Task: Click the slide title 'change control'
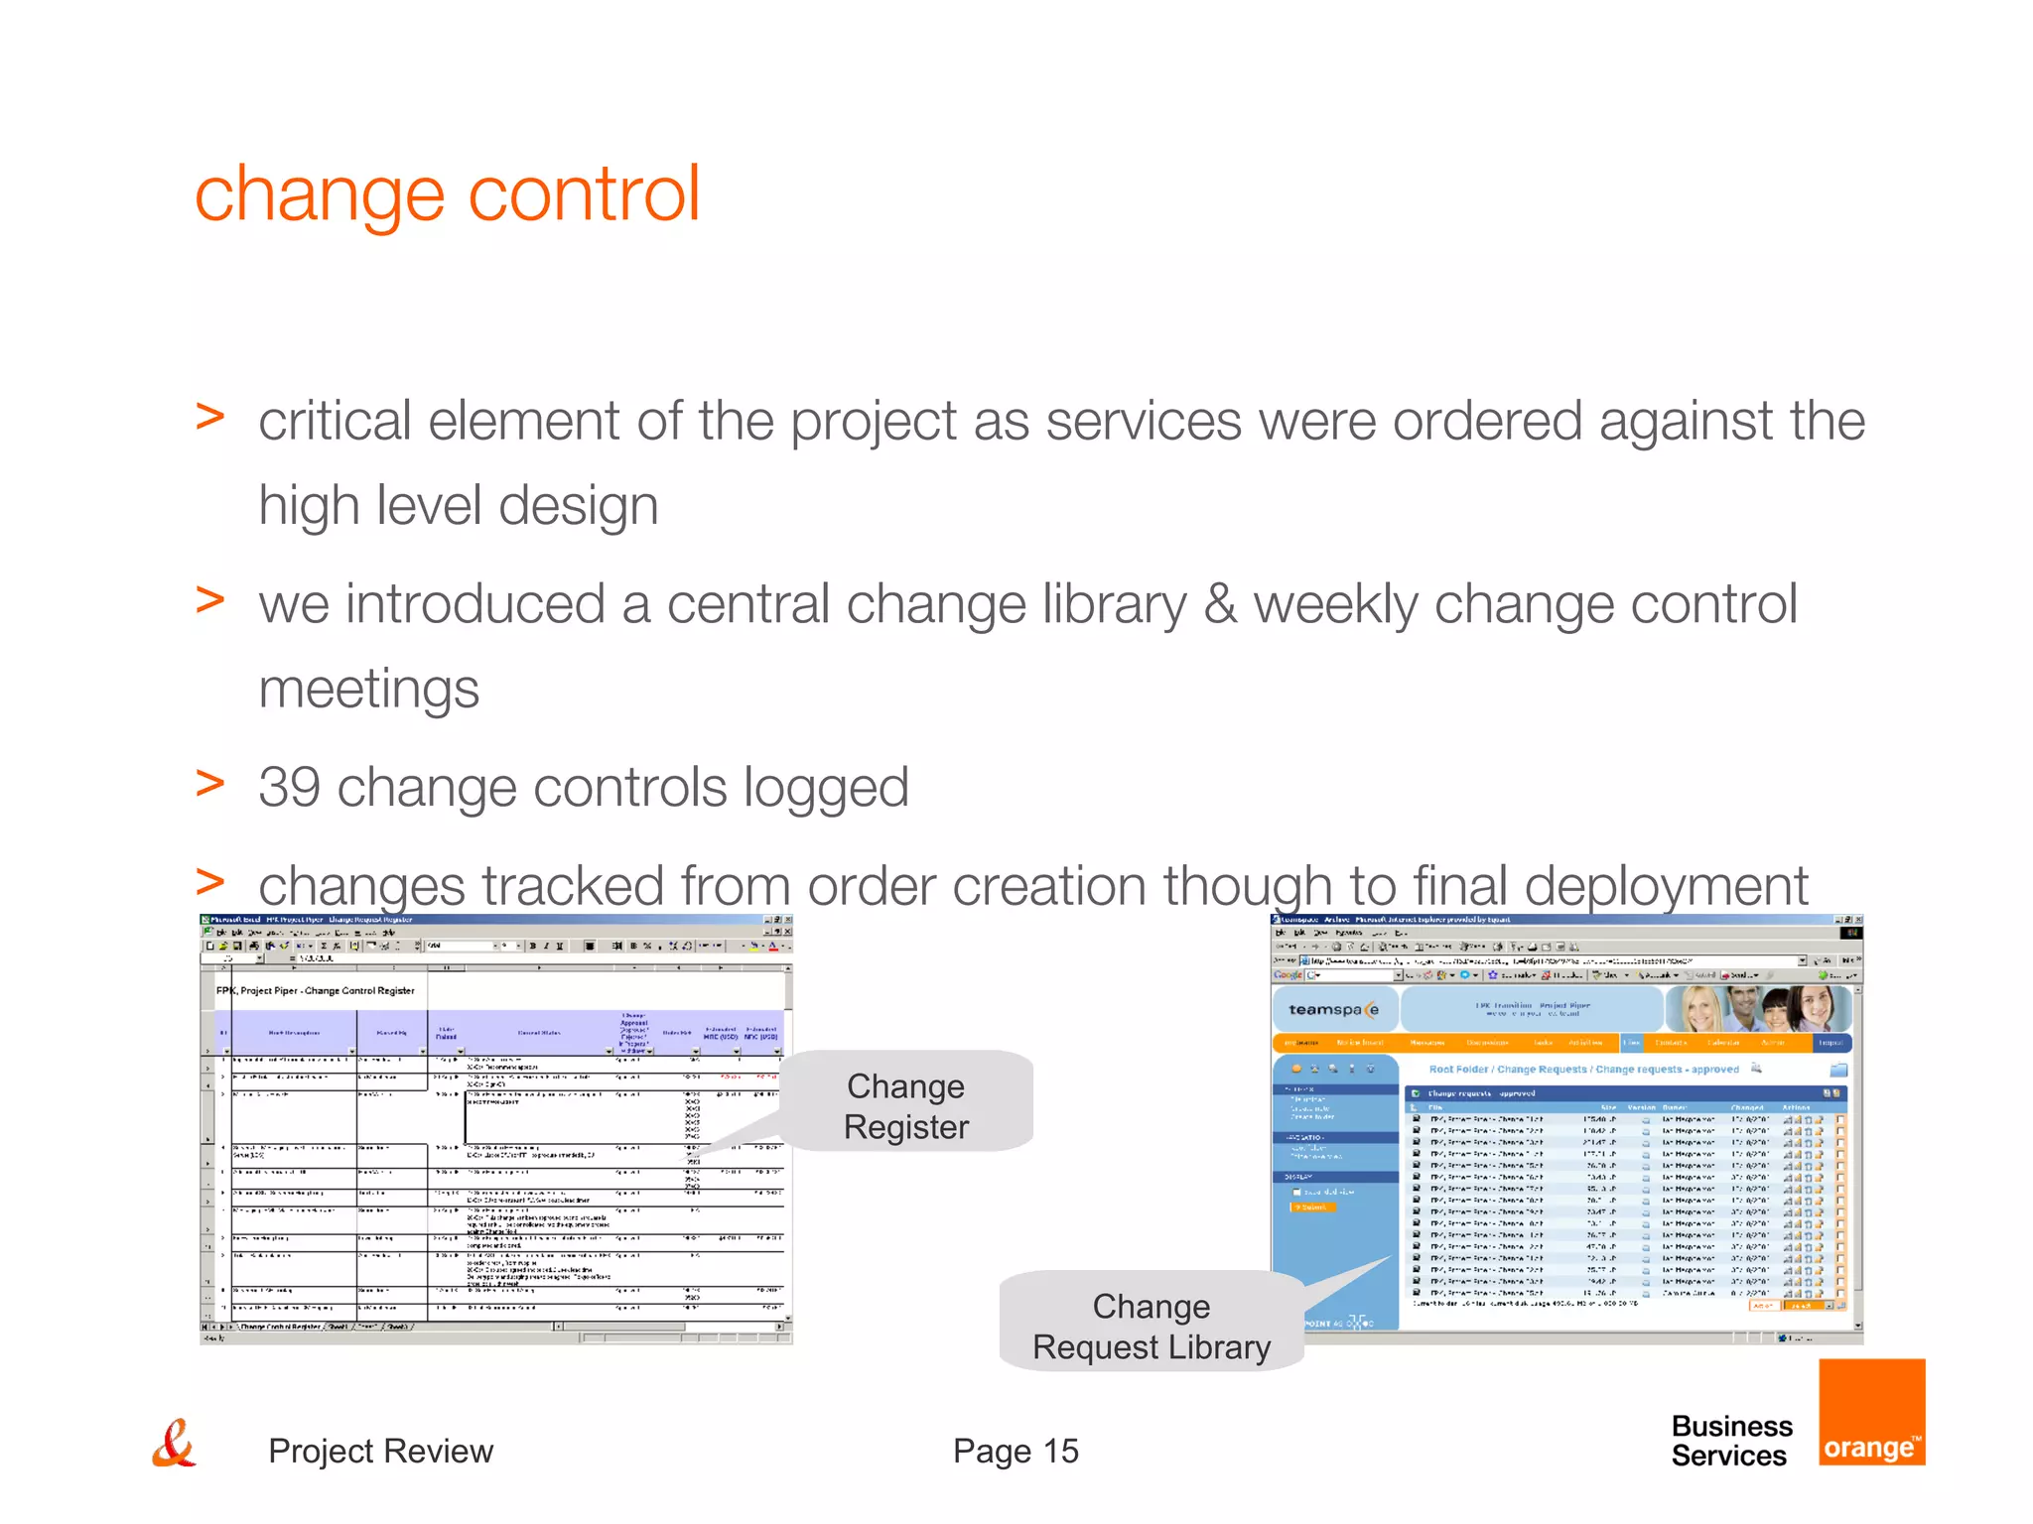click(x=447, y=193)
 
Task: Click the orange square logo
click(x=1871, y=1412)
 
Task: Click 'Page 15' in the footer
click(x=1015, y=1451)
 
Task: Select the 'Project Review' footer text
click(x=380, y=1451)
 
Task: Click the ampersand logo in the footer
click(x=174, y=1444)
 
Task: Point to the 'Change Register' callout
click(x=905, y=1105)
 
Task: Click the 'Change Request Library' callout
click(x=1151, y=1326)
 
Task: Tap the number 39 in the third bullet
click(x=289, y=788)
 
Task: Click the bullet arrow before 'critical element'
click(x=209, y=418)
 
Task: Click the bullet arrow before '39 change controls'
click(x=209, y=784)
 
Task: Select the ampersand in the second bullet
click(x=1219, y=605)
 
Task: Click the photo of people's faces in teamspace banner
click(x=1757, y=1009)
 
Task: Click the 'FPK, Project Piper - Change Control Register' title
click(x=316, y=990)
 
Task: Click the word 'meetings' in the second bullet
click(x=368, y=690)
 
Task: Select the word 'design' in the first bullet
click(x=578, y=506)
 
